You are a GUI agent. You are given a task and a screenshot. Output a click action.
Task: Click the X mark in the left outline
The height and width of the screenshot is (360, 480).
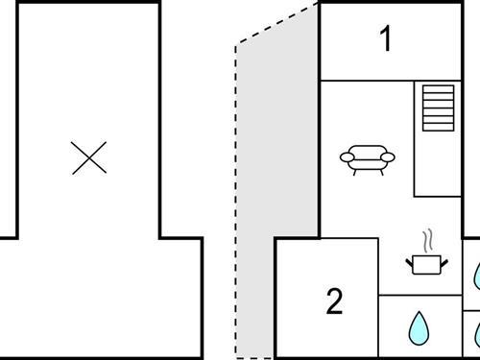coord(89,157)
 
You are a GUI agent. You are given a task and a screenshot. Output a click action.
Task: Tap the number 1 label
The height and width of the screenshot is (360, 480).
coord(386,40)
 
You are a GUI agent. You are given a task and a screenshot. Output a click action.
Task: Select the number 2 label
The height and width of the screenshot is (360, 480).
coord(334,301)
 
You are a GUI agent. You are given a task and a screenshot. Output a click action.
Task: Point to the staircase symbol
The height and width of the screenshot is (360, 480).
coord(438,107)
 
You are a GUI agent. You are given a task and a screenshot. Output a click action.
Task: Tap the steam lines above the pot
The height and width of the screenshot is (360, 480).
coord(427,238)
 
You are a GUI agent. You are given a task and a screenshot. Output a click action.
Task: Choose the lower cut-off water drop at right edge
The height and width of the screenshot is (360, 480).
coord(476,335)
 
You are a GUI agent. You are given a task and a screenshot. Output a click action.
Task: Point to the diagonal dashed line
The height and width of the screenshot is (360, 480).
coord(278,23)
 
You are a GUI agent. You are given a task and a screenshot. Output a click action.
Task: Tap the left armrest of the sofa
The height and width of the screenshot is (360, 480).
coord(346,156)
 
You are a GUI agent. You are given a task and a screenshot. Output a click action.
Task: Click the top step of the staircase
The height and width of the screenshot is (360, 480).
coord(438,89)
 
